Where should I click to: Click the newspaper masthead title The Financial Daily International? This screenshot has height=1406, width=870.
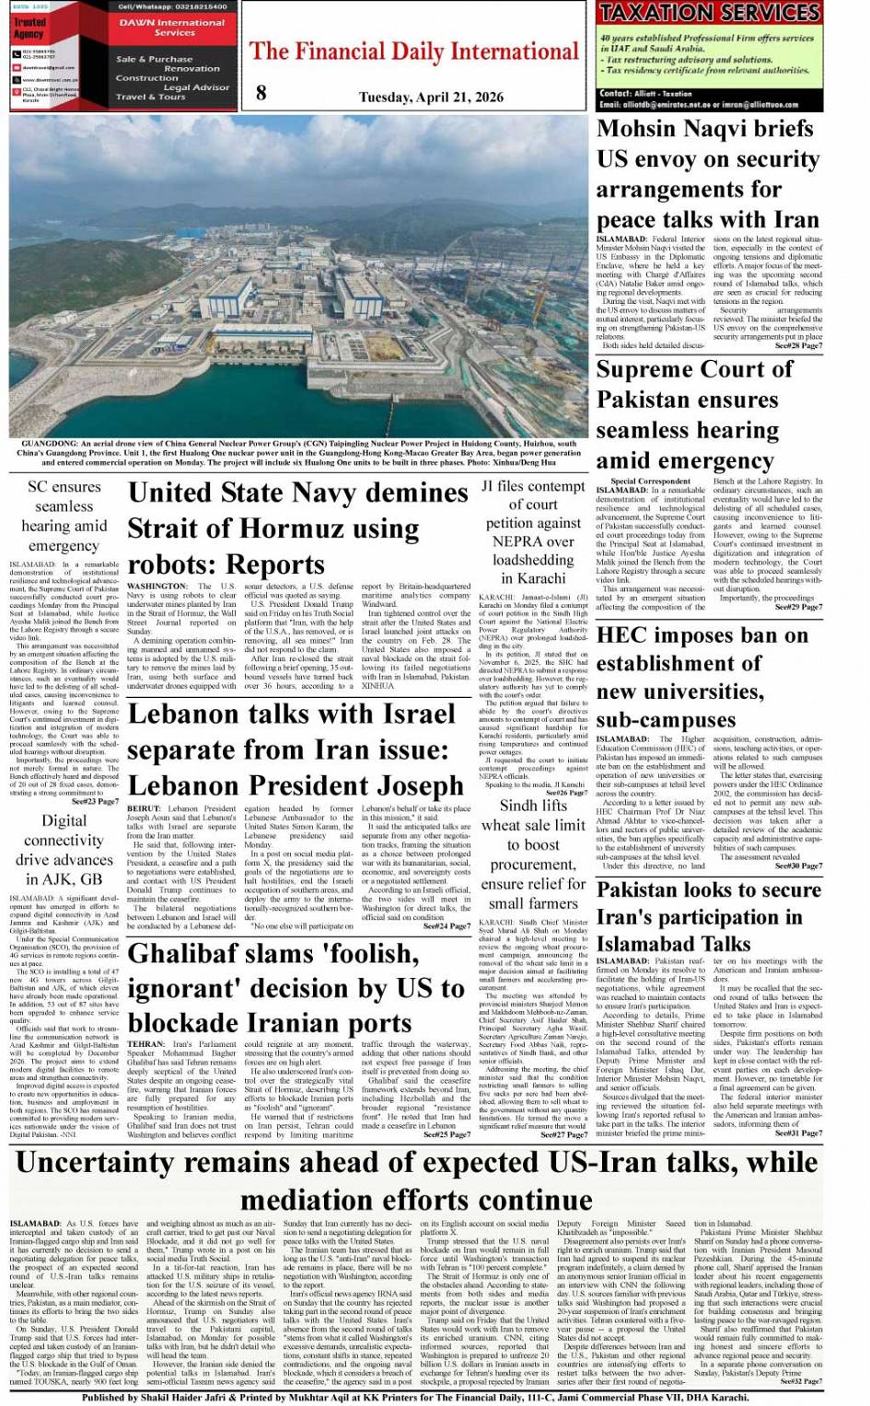coord(414,52)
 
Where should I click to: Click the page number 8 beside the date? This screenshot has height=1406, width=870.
coord(261,92)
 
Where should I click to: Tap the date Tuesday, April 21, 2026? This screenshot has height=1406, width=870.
coord(431,97)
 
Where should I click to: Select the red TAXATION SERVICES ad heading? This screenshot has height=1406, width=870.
coord(709,13)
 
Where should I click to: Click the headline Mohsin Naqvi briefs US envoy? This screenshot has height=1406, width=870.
coord(708,174)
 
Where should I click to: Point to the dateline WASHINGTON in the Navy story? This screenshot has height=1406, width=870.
coord(157,586)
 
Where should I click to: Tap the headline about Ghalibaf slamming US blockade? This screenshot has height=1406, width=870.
coord(296,988)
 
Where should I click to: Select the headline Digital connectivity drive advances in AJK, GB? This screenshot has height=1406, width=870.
coord(64,849)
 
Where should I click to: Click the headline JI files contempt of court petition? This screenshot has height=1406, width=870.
coord(534,531)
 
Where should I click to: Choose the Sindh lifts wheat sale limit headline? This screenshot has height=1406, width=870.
coord(534,854)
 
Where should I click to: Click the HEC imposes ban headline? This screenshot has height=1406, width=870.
coord(702,677)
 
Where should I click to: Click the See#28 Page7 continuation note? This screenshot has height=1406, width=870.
coord(798,346)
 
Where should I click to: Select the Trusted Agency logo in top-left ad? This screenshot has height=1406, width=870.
coord(29,28)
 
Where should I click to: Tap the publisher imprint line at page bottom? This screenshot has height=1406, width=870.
coord(415,1397)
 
